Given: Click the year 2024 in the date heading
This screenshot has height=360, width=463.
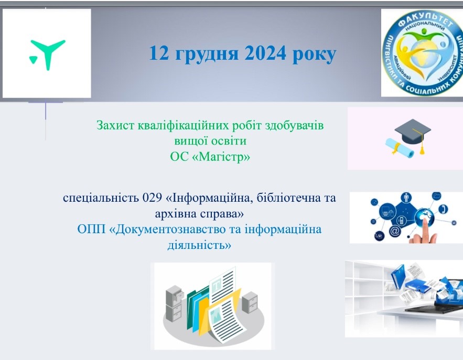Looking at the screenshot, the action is [265, 53].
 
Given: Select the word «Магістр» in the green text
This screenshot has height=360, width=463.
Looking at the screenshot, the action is [221, 157].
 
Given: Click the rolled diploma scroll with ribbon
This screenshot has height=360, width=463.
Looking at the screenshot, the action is [399, 148].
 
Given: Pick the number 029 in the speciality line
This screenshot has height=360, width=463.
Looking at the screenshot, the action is [152, 198].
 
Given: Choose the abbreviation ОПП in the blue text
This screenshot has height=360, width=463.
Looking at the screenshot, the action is [91, 230].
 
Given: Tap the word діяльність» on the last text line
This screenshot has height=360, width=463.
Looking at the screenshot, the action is [199, 245].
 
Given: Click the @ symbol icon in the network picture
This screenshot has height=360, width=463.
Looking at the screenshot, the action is [394, 231].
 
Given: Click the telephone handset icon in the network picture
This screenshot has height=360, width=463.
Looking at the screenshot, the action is [443, 209].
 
